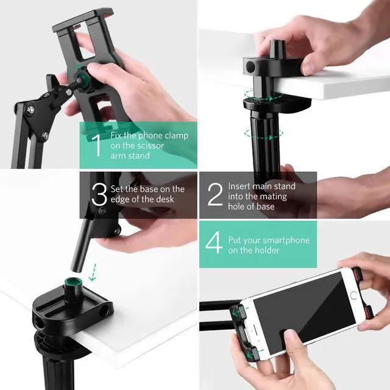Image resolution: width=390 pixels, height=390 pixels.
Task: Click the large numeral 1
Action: pyautogui.click(x=97, y=146)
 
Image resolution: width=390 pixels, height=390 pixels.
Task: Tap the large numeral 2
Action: pyautogui.click(x=215, y=194)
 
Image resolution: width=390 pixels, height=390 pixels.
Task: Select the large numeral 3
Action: pyautogui.click(x=99, y=194)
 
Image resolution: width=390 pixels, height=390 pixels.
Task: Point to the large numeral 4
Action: pyautogui.click(x=214, y=243)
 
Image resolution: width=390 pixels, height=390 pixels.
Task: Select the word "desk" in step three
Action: pyautogui.click(x=166, y=199)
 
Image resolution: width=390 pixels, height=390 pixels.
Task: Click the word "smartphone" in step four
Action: pyautogui.click(x=286, y=241)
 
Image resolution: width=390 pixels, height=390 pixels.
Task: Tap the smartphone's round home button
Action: pyautogui.click(x=353, y=295)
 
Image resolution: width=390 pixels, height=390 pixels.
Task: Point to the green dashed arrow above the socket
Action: pyautogui.click(x=93, y=272)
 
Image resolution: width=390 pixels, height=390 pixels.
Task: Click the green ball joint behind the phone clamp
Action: pyautogui.click(x=82, y=77)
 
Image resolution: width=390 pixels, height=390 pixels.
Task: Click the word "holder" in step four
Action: pyautogui.click(x=266, y=250)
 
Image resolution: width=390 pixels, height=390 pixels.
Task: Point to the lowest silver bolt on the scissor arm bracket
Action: pyautogui.click(x=46, y=136)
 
